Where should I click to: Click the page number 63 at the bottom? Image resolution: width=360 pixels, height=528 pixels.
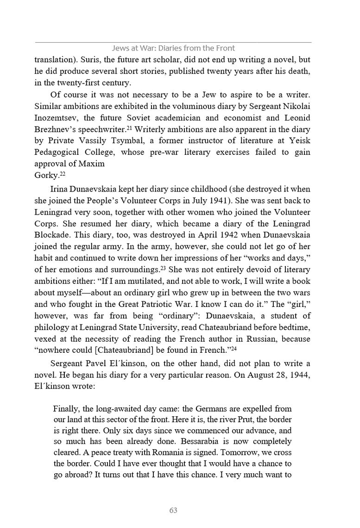(x=173, y=510)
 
